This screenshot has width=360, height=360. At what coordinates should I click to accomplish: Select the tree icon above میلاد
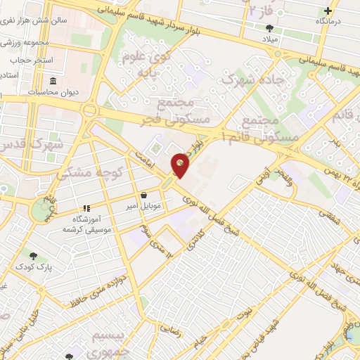pos(271,28)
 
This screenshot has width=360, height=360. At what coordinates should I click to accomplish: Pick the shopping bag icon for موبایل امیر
pos(143,195)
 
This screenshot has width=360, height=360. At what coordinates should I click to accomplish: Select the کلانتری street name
pos(195,238)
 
